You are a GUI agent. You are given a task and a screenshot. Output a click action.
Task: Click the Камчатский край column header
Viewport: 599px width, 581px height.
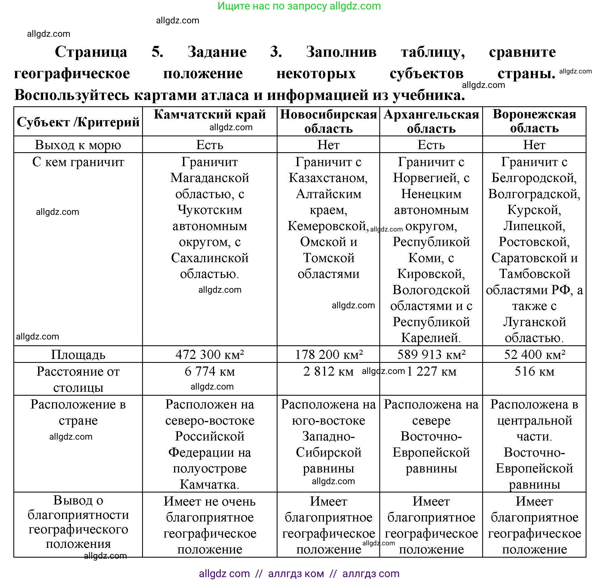pyautogui.click(x=210, y=115)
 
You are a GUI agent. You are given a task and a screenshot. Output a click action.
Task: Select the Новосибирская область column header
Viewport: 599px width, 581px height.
pyautogui.click(x=328, y=121)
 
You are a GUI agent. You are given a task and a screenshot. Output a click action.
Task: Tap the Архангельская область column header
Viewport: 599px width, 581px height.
pyautogui.click(x=431, y=121)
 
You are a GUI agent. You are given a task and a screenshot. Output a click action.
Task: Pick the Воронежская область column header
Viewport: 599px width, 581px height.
pyautogui.click(x=534, y=121)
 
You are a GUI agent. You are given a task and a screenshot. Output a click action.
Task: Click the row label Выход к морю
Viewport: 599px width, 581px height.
pyautogui.click(x=78, y=145)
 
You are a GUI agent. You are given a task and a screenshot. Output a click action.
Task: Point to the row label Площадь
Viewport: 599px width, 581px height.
pyautogui.click(x=78, y=354)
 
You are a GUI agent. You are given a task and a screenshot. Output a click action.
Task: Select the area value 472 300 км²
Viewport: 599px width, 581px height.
pyautogui.click(x=210, y=354)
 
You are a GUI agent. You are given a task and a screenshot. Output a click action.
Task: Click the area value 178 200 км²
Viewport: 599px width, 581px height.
pyautogui.click(x=328, y=354)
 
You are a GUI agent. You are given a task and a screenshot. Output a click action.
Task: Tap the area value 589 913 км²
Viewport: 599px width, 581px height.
pyautogui.click(x=431, y=354)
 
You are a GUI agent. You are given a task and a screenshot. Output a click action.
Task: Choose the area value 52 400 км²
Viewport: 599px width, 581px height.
pyautogui.click(x=534, y=354)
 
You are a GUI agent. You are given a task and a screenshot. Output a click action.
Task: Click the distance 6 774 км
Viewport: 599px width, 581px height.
pyautogui.click(x=210, y=371)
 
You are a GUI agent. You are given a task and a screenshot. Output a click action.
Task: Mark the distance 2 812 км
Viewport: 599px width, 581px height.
pyautogui.click(x=328, y=371)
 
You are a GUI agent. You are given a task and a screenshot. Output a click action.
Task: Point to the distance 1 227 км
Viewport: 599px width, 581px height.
pyautogui.click(x=432, y=371)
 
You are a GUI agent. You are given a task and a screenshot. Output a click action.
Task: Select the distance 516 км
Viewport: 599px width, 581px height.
pyautogui.click(x=534, y=371)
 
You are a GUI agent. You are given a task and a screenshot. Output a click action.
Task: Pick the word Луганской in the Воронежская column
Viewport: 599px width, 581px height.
pyautogui.click(x=534, y=322)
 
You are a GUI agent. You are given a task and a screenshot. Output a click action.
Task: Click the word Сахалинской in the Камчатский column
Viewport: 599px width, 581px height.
pyautogui.click(x=210, y=258)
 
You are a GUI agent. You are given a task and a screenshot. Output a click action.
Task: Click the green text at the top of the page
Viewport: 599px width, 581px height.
pyautogui.click(x=299, y=6)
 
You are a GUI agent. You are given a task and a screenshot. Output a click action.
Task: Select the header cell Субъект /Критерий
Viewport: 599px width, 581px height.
pyautogui.click(x=78, y=122)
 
